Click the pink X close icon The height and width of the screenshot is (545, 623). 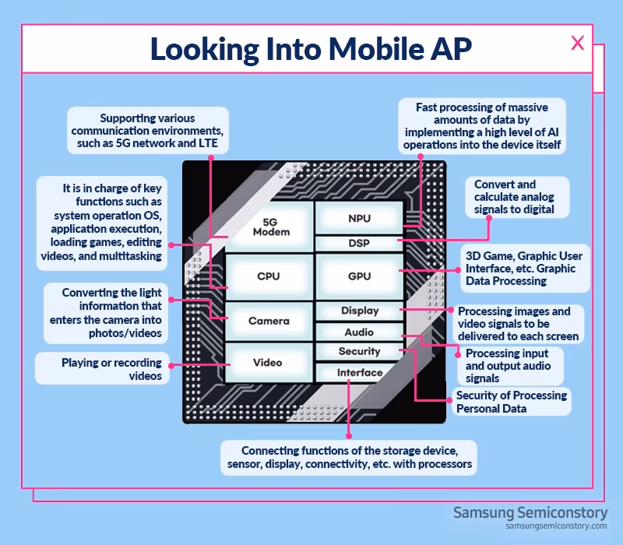pyautogui.click(x=577, y=44)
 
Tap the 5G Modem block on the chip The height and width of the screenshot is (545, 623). pyautogui.click(x=271, y=226)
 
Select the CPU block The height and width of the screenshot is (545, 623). pyautogui.click(x=268, y=276)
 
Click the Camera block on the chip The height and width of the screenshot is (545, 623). pyautogui.click(x=268, y=321)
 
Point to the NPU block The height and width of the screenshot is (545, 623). pyautogui.click(x=359, y=219)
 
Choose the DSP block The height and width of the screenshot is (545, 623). pyautogui.click(x=359, y=243)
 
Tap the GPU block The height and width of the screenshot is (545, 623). pyautogui.click(x=359, y=276)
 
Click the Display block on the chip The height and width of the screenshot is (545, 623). pyautogui.click(x=359, y=311)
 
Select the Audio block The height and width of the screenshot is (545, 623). pyautogui.click(x=359, y=332)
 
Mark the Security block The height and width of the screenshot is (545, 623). pyautogui.click(x=359, y=351)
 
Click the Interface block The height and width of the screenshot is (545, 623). pyautogui.click(x=359, y=373)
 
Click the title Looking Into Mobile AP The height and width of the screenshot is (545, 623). pyautogui.click(x=311, y=48)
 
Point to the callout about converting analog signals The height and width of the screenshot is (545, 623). pyautogui.click(x=515, y=197)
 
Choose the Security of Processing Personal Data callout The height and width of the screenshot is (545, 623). pyautogui.click(x=511, y=402)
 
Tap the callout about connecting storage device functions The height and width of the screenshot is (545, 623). pyautogui.click(x=348, y=458)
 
